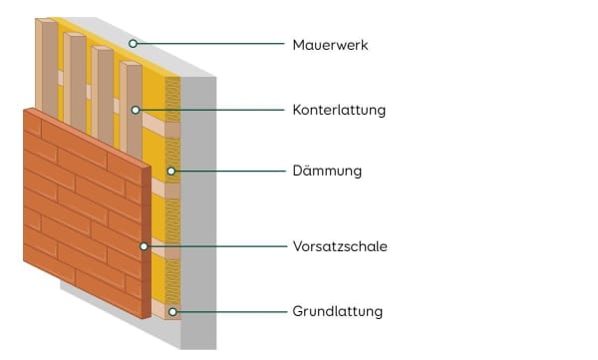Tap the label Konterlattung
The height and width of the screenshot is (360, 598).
pyautogui.click(x=339, y=109)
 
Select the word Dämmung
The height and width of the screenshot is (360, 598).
pyautogui.click(x=327, y=172)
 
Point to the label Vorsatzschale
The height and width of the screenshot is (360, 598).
pyautogui.click(x=340, y=245)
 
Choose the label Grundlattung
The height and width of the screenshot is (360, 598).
pyautogui.click(x=338, y=311)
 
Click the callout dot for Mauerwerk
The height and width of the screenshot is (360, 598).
pyautogui.click(x=134, y=44)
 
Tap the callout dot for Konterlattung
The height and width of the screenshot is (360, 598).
pyautogui.click(x=135, y=109)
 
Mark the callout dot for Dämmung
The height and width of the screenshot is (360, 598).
pyautogui.click(x=170, y=172)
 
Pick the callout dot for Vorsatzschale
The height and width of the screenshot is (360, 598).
pyautogui.click(x=145, y=245)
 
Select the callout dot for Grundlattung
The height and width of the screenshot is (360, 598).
pyautogui.click(x=172, y=311)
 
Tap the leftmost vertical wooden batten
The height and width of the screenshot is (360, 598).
pyautogui.click(x=47, y=65)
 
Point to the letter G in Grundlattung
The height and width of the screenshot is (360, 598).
pyautogui.click(x=299, y=311)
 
